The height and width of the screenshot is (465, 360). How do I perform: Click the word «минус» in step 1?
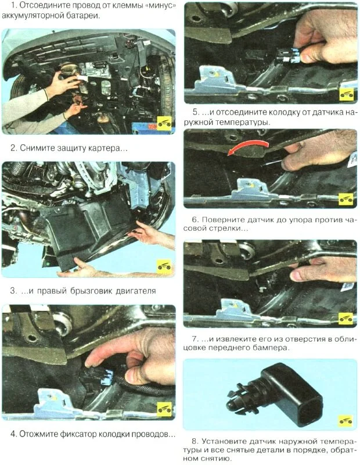click(160, 6)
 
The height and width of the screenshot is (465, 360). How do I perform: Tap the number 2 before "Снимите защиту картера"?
click(13, 148)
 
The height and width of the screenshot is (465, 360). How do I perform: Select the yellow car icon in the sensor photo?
click(345, 421)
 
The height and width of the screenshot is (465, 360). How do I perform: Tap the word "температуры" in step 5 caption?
click(242, 122)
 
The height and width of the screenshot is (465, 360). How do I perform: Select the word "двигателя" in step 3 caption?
click(136, 291)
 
